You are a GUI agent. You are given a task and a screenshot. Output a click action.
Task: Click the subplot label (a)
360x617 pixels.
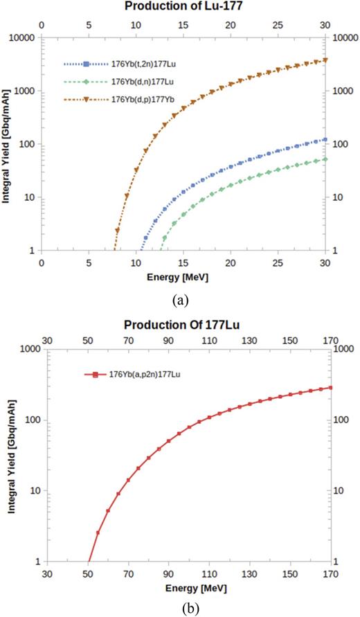181,300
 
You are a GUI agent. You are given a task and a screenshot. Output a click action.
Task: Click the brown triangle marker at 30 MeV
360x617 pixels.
325,60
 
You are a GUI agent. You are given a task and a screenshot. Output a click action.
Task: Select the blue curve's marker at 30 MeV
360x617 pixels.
325,139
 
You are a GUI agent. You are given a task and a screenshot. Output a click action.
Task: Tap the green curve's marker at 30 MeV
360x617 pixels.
325,159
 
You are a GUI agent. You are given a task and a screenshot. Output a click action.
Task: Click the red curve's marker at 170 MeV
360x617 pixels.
330,388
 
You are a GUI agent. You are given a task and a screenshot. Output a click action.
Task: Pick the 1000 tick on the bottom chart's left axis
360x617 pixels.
28,350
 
